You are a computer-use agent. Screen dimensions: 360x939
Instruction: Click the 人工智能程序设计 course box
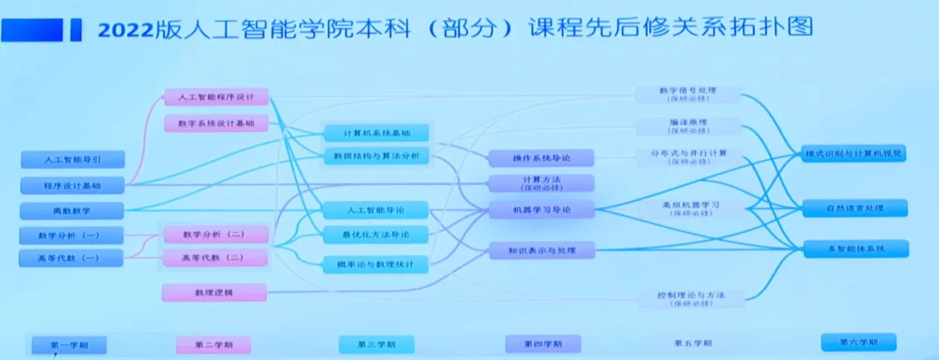[x=216, y=97]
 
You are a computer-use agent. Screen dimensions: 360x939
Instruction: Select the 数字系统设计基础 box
[x=216, y=123]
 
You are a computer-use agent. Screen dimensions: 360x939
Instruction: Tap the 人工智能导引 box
[x=72, y=160]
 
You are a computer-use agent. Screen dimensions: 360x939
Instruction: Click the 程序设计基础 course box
[x=72, y=185]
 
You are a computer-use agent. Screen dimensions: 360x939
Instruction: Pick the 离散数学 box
[x=72, y=210]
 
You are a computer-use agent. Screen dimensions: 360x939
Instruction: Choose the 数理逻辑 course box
[x=214, y=292]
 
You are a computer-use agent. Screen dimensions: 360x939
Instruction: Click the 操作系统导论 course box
[x=541, y=158]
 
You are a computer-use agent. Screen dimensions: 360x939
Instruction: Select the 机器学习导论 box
[x=541, y=210]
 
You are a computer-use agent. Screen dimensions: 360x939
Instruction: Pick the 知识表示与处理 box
[x=541, y=250]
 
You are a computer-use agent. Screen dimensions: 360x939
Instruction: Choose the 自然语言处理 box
[x=855, y=209]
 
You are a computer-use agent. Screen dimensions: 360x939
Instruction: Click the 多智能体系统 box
[x=855, y=249]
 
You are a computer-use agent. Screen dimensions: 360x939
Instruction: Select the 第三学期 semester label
[x=376, y=344]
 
